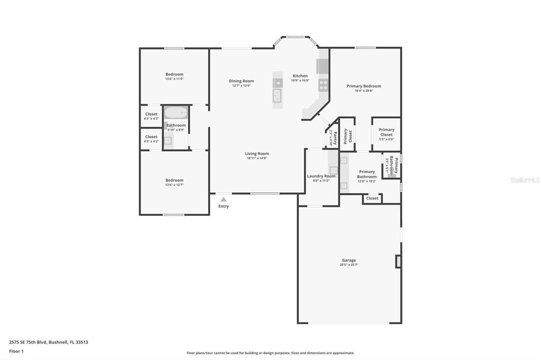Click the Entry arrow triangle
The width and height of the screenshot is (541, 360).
[223, 200]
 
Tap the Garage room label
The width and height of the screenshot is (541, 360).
[349, 260]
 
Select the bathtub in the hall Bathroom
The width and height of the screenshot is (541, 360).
[175, 113]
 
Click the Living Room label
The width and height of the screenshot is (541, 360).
[257, 154]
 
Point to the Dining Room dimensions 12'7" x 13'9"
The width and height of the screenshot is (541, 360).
[241, 86]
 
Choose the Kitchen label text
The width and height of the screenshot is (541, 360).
[300, 76]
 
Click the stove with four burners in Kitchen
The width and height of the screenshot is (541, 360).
[323, 84]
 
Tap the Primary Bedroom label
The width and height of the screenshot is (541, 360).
[363, 86]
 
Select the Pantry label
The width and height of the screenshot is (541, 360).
[334, 135]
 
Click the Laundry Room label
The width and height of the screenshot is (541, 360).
[321, 176]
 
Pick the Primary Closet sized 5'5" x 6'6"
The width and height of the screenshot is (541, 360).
[386, 134]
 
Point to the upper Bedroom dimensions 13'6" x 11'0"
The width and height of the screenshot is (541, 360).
[174, 79]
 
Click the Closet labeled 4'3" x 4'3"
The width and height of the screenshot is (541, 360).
[151, 116]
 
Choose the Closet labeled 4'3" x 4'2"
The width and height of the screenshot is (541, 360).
[151, 139]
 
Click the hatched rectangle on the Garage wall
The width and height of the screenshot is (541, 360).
[398, 262]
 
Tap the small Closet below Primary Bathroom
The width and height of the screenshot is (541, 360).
[372, 198]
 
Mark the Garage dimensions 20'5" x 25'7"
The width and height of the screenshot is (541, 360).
[349, 265]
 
